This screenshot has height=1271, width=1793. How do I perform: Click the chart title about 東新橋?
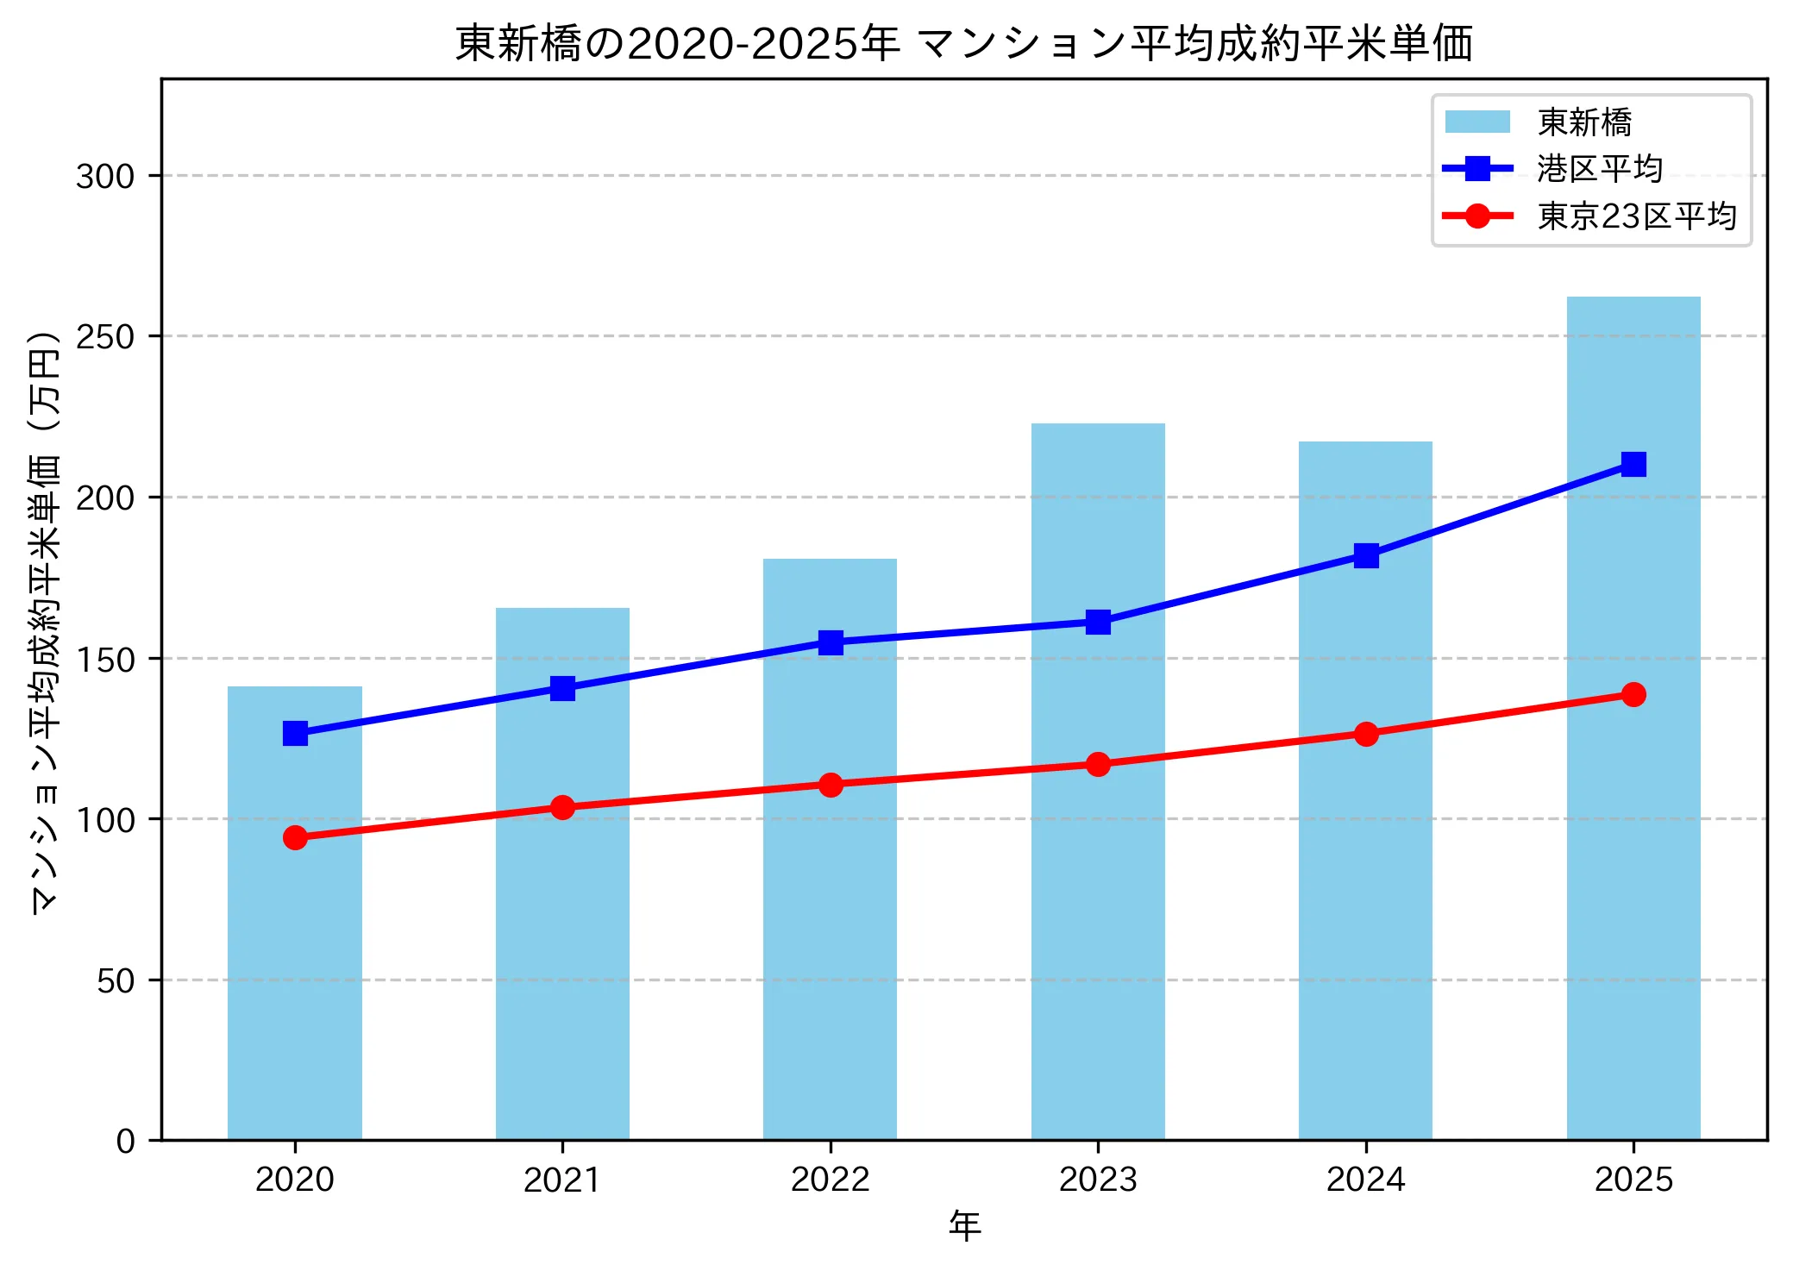point(963,43)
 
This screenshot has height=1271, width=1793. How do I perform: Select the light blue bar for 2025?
point(1633,776)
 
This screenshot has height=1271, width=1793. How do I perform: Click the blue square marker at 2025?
point(1633,465)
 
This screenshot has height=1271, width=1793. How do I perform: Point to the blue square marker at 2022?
point(831,642)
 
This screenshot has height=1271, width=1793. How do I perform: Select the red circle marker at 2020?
point(295,837)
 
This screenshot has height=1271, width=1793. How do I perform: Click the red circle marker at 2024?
point(1365,734)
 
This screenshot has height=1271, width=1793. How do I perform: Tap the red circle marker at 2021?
point(562,807)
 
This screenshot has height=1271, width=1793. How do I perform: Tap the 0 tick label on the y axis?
point(126,1141)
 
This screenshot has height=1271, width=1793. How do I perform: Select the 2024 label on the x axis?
point(1365,1179)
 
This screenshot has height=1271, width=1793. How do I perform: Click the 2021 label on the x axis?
point(562,1179)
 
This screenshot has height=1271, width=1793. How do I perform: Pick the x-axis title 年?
point(964,1225)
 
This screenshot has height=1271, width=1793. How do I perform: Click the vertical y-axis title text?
point(45,621)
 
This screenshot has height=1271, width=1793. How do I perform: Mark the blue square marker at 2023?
point(1097,622)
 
